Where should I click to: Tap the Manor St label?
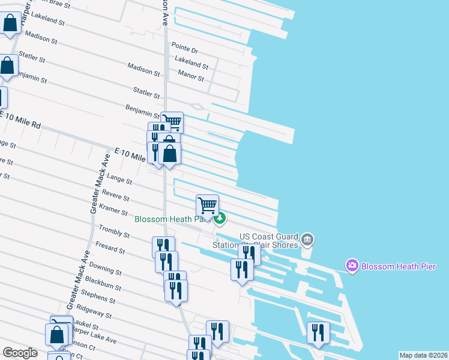tap(191, 76)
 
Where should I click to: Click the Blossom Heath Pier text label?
tap(397, 266)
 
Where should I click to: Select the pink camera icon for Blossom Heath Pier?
tap(352, 265)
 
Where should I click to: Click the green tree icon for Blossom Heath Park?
tap(220, 219)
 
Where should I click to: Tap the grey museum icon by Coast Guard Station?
tap(307, 241)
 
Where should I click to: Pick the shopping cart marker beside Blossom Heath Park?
tap(207, 206)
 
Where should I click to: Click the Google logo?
tap(20, 353)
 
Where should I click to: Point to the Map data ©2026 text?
tap(423, 355)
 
